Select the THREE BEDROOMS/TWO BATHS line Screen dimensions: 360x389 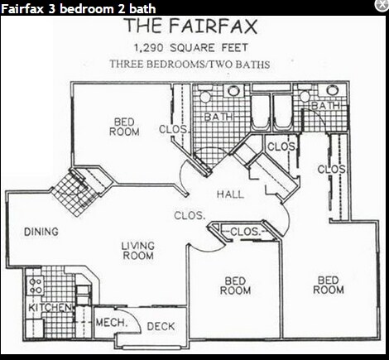pos(190,62)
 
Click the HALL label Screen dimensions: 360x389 pos(229,194)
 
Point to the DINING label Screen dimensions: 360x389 pos(41,231)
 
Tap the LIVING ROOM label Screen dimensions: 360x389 pos(137,250)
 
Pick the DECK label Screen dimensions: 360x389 pos(161,327)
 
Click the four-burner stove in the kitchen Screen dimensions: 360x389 pos(36,286)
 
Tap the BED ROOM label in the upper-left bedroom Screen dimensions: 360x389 pos(126,127)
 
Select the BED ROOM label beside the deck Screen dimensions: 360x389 pos(235,285)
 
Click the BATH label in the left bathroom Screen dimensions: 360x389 pos(218,117)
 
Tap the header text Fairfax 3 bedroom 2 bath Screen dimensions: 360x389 pos(78,7)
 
